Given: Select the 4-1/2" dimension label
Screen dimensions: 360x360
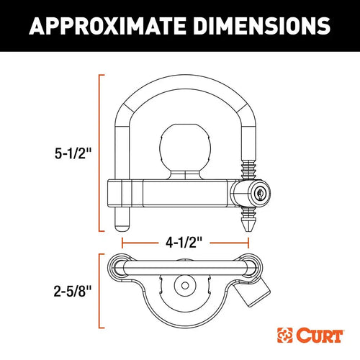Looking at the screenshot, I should click(x=179, y=243).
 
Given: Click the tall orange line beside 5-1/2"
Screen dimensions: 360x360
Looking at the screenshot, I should click(x=99, y=151).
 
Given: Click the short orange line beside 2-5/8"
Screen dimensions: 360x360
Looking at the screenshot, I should click(x=99, y=292).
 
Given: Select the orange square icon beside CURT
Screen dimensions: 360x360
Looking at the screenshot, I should click(x=286, y=335).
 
